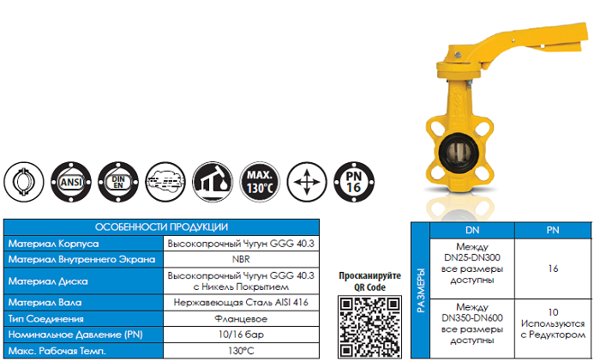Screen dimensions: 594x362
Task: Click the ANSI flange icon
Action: [x=71, y=182]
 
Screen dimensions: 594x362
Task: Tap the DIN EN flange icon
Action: [x=118, y=182]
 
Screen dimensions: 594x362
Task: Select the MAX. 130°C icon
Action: [x=260, y=182]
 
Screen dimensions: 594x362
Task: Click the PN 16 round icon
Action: [x=354, y=182]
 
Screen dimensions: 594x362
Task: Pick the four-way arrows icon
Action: [x=307, y=182]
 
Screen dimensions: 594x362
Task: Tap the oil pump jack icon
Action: [x=213, y=182]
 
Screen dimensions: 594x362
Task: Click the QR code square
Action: [x=369, y=327]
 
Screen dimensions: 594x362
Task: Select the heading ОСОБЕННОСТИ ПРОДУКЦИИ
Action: [x=161, y=227]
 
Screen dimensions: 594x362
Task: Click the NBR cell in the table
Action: [x=241, y=259]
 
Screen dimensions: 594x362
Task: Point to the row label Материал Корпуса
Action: [x=53, y=244]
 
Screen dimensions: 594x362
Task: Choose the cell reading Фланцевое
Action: [x=241, y=319]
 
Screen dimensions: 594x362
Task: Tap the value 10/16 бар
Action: [x=241, y=335]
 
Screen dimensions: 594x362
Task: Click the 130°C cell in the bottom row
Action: [x=241, y=351]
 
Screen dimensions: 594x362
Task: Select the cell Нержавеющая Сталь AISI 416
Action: [x=241, y=303]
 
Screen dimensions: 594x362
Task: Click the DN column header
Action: [x=472, y=230]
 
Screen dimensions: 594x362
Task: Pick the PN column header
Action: [x=553, y=230]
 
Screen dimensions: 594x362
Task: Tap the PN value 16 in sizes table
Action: [x=553, y=268]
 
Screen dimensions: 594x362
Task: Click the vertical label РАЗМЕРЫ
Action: [x=421, y=291]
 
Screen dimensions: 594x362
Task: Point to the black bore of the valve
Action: [x=459, y=153]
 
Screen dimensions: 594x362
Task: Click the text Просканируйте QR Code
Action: [x=369, y=281]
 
